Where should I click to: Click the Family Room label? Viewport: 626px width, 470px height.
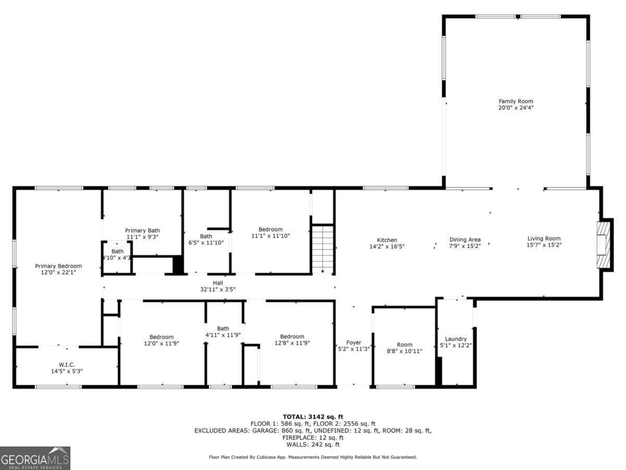[x=515, y=101]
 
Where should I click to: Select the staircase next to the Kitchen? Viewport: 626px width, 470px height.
[x=323, y=249]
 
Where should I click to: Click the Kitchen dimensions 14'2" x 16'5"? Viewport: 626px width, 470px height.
[x=387, y=246]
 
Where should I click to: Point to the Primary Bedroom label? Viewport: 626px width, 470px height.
[x=58, y=266]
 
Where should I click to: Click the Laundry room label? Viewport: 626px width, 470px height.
[x=455, y=339]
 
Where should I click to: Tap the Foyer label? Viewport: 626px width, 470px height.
[x=354, y=343]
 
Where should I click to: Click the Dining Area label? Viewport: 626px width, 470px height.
[x=465, y=240]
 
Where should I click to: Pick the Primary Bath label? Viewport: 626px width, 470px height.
[x=142, y=230]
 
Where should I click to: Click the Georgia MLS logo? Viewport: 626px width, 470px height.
[x=35, y=458]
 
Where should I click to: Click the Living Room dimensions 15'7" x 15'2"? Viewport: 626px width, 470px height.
[x=544, y=245]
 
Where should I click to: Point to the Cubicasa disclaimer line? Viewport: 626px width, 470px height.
[x=312, y=457]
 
